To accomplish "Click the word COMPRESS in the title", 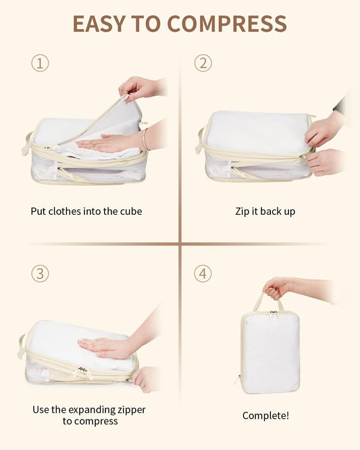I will pos(226,24).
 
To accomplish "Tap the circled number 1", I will pos(41,64).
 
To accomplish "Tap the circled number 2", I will pos(203,64).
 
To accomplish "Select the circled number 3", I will pos(41,274).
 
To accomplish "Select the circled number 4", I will pos(203,274).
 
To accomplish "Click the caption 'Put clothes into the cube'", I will pos(86,211).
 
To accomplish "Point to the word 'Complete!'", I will pos(265,416).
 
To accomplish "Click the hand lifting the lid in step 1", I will pos(138,87).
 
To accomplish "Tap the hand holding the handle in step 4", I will pos(276,289).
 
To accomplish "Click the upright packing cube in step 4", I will pos(270,351).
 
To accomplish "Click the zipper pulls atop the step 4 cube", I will pos(273,314).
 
